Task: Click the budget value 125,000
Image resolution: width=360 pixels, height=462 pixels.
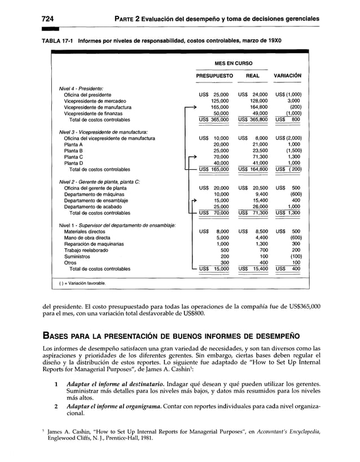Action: (219, 100)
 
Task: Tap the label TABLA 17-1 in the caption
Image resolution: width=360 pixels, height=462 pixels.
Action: (57, 41)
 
